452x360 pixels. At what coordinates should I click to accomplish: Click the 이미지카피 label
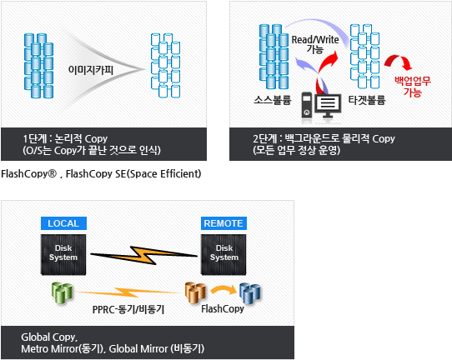(x=91, y=70)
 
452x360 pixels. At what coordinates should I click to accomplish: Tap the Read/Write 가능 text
(x=315, y=44)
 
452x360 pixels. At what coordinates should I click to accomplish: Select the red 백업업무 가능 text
(x=413, y=87)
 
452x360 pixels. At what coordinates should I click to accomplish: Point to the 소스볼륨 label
(x=273, y=100)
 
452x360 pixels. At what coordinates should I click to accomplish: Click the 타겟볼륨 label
(x=367, y=100)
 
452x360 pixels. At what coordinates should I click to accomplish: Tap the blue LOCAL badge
(x=63, y=223)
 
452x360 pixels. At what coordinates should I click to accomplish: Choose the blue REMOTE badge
(x=223, y=223)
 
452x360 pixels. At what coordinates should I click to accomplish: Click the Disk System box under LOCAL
(x=63, y=254)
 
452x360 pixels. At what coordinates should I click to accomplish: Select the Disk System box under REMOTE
(x=223, y=254)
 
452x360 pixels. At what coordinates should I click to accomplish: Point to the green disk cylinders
(x=62, y=292)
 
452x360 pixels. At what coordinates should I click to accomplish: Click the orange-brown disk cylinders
(x=195, y=292)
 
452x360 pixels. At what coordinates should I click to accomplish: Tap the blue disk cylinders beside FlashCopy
(x=250, y=293)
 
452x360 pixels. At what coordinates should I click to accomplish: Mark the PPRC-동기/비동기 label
(x=128, y=310)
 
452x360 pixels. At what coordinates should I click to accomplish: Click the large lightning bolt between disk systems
(x=143, y=255)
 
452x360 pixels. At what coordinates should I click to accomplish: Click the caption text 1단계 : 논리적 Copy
(x=65, y=138)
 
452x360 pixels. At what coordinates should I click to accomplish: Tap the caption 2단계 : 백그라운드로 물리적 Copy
(x=324, y=138)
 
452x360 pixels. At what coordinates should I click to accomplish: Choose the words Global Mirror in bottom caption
(x=138, y=349)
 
